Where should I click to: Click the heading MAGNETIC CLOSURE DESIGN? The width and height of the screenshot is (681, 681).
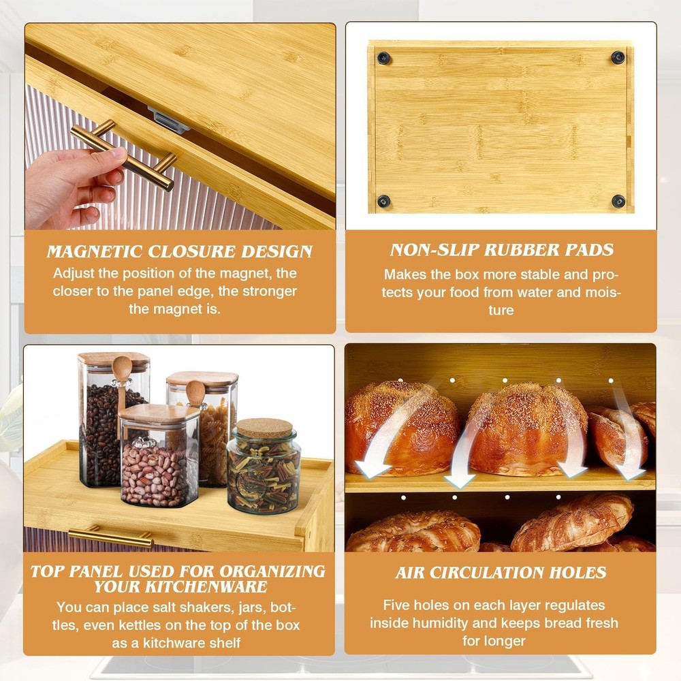coord(180,251)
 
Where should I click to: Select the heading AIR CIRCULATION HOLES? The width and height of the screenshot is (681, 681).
coord(501,573)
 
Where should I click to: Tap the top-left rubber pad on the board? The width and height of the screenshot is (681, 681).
coord(383,57)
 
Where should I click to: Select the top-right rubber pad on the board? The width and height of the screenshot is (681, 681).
coord(618,57)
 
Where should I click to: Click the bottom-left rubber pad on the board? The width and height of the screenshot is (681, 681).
coord(383,201)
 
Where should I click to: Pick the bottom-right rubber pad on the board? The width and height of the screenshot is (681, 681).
coord(618,201)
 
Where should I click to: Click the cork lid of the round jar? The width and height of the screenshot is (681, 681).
coord(264,428)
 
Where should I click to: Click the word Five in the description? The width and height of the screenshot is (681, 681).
coord(398,605)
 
